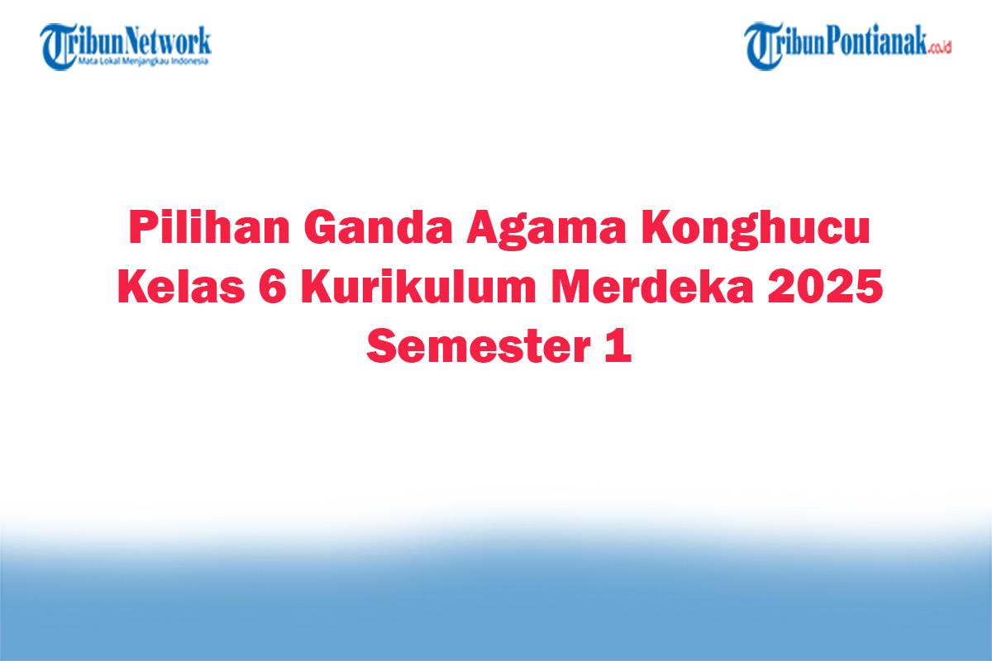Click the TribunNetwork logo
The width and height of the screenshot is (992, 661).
click(126, 45)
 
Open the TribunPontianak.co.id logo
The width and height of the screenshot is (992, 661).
click(847, 45)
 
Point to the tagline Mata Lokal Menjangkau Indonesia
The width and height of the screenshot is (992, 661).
click(144, 61)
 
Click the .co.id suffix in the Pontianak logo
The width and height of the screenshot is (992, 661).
click(938, 48)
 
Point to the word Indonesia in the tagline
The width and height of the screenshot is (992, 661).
click(192, 61)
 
